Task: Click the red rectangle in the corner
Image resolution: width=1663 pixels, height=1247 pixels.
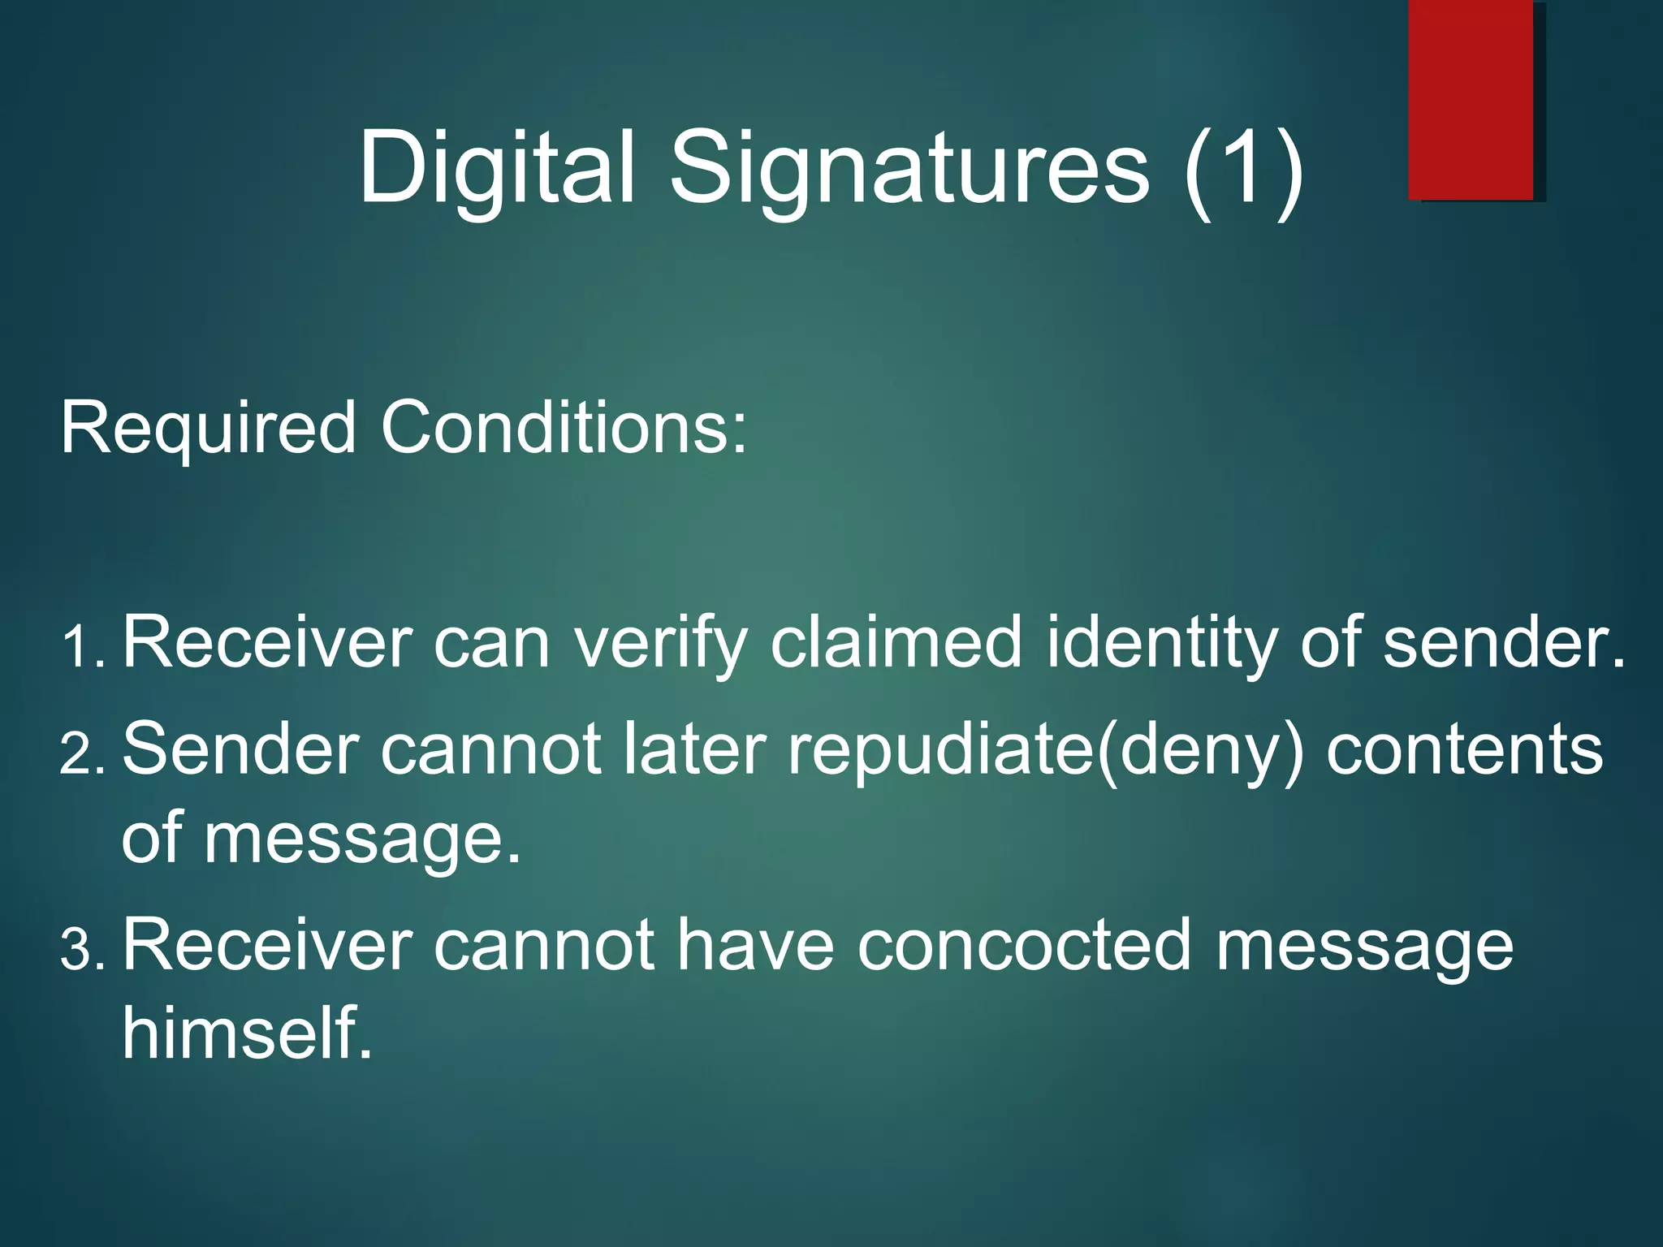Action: (1471, 99)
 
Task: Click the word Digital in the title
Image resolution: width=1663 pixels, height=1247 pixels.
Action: (496, 168)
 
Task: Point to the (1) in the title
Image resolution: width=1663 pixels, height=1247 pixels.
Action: (1243, 170)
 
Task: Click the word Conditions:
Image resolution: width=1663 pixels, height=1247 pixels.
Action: (564, 428)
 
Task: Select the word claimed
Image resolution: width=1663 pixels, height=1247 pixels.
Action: (896, 643)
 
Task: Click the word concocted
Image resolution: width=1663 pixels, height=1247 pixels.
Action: (1023, 945)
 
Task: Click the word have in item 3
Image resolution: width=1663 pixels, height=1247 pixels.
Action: (755, 945)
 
